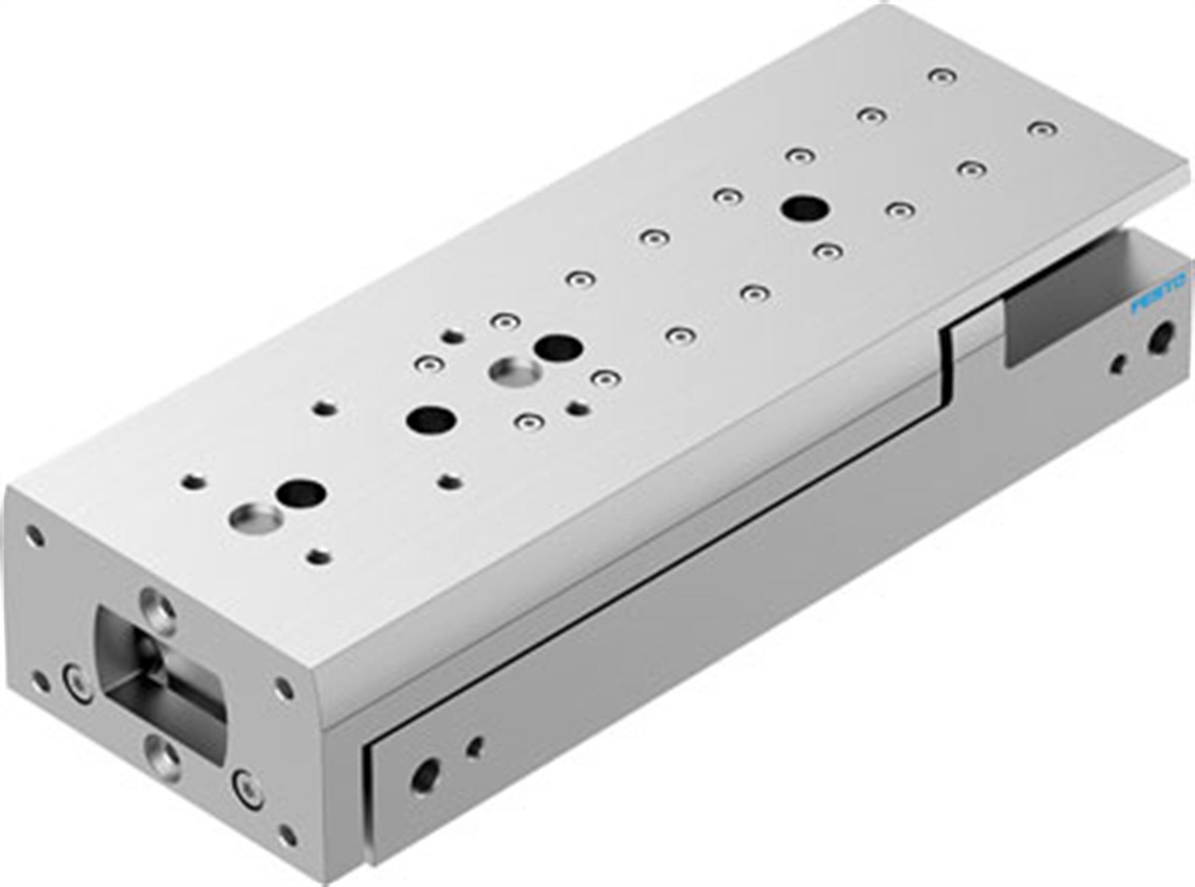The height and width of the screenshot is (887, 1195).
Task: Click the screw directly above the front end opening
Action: (158, 610)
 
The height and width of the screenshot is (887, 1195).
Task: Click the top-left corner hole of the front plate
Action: (34, 535)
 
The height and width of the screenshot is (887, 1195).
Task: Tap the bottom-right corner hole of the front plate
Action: (286, 837)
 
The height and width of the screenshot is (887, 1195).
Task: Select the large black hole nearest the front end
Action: (300, 493)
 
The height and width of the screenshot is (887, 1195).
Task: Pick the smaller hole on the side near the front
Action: (475, 747)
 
